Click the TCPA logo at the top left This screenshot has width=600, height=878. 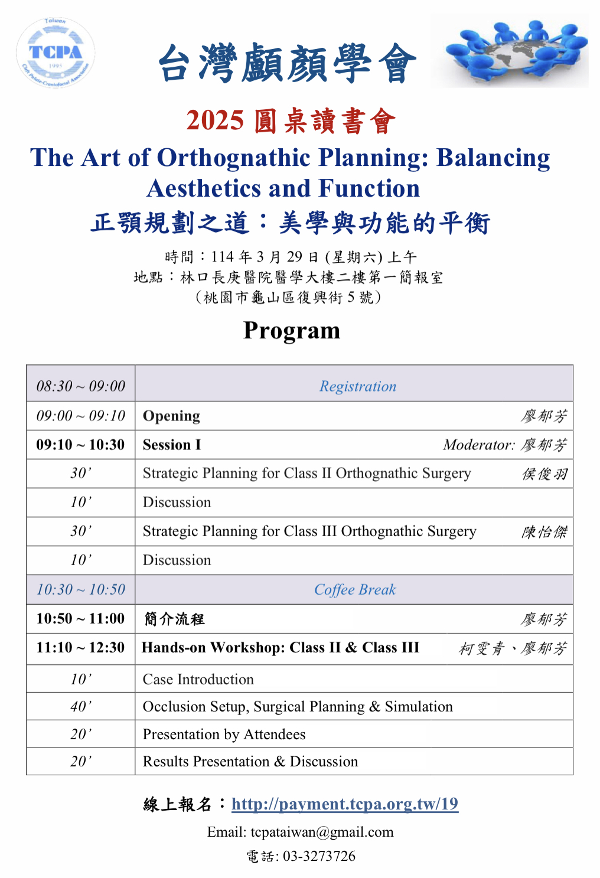[56, 53]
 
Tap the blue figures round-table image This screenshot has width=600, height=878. [510, 51]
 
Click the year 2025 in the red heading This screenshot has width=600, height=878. [215, 120]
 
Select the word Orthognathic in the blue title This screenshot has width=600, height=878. [234, 158]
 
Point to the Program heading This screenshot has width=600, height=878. [292, 331]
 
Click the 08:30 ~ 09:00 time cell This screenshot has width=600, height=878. [81, 386]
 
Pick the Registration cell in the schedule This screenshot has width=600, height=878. [358, 386]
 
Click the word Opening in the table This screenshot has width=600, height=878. [171, 416]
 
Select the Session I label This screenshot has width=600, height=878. [172, 445]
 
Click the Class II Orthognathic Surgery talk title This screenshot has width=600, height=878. [307, 474]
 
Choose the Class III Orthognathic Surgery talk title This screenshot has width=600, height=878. [309, 531]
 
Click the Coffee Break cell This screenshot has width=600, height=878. [355, 589]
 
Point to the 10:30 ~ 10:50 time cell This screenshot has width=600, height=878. [81, 589]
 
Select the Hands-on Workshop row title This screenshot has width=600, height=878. [281, 648]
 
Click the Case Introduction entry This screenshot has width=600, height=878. [198, 679]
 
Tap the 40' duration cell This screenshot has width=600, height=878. [81, 707]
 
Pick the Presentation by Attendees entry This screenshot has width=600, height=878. [224, 735]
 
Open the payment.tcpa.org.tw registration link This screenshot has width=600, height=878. [344, 804]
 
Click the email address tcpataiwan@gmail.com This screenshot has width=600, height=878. [322, 832]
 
